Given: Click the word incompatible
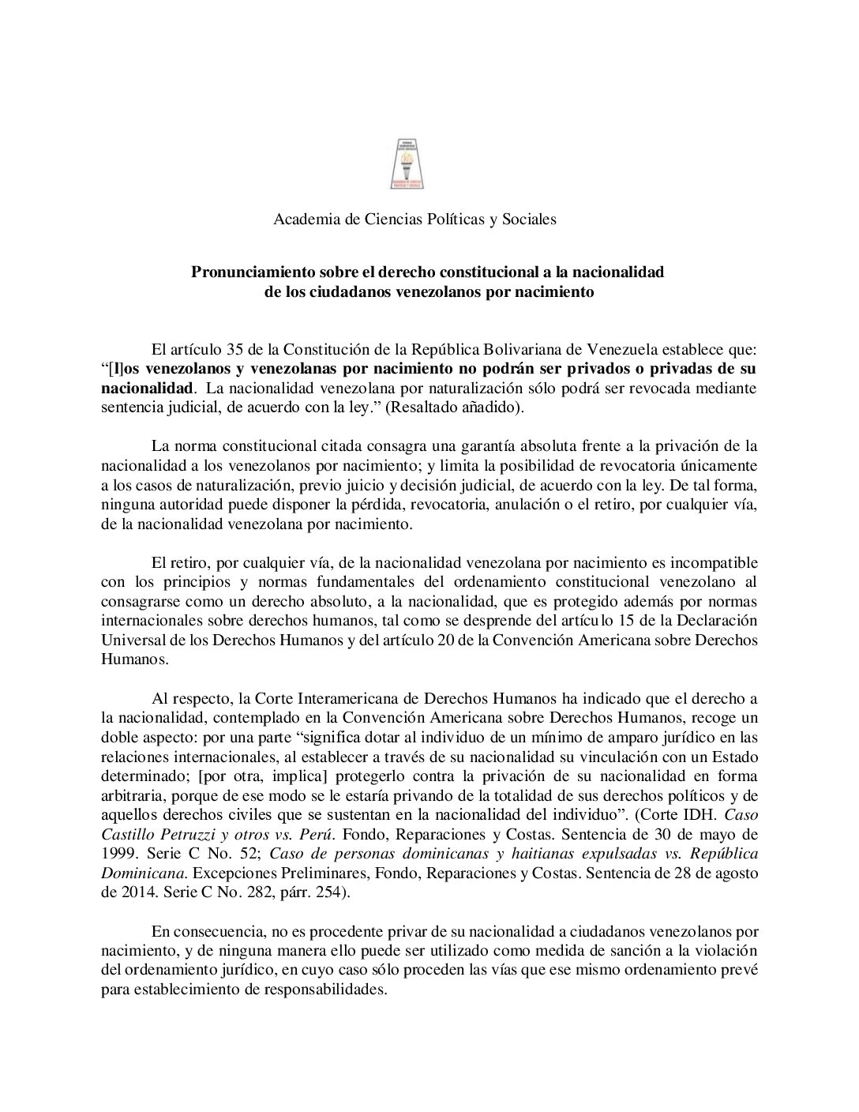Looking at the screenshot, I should click(713, 563).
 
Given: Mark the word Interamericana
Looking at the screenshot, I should click(308, 698).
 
